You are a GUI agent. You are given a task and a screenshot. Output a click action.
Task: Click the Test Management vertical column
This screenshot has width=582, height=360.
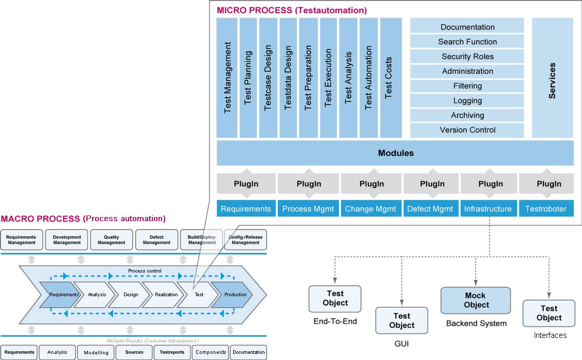[227, 78]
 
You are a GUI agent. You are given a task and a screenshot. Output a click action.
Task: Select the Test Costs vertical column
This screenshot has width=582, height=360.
[391, 78]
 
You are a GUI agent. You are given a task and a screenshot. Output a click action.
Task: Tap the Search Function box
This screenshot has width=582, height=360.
[467, 42]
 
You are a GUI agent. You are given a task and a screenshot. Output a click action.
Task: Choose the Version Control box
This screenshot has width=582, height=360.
[467, 130]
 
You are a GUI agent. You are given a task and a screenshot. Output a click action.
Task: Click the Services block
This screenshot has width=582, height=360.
[552, 78]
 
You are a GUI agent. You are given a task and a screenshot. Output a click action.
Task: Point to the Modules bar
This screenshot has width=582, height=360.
[395, 153]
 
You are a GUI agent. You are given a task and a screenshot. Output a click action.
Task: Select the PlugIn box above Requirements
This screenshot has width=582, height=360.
[245, 184]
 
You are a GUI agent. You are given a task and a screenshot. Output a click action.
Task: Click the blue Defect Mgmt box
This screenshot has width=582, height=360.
[430, 209]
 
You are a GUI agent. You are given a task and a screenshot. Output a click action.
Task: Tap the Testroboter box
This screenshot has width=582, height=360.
[546, 209]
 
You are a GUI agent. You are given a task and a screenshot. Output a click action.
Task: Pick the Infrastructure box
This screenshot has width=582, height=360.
[488, 209]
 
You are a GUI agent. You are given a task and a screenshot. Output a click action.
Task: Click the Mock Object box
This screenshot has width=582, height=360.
[475, 300]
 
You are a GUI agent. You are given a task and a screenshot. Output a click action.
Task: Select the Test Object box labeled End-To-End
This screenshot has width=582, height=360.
[335, 299]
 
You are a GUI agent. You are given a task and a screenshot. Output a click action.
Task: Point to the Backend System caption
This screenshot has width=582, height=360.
[476, 323]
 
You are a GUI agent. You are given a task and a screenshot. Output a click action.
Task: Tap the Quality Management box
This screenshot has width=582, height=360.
[111, 240]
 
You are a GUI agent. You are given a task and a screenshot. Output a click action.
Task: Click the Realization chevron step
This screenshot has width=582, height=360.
[166, 295]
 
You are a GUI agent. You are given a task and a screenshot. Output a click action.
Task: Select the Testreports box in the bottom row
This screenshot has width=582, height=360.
[172, 352]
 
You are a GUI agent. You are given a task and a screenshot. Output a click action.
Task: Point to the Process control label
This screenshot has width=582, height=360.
[145, 271]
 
